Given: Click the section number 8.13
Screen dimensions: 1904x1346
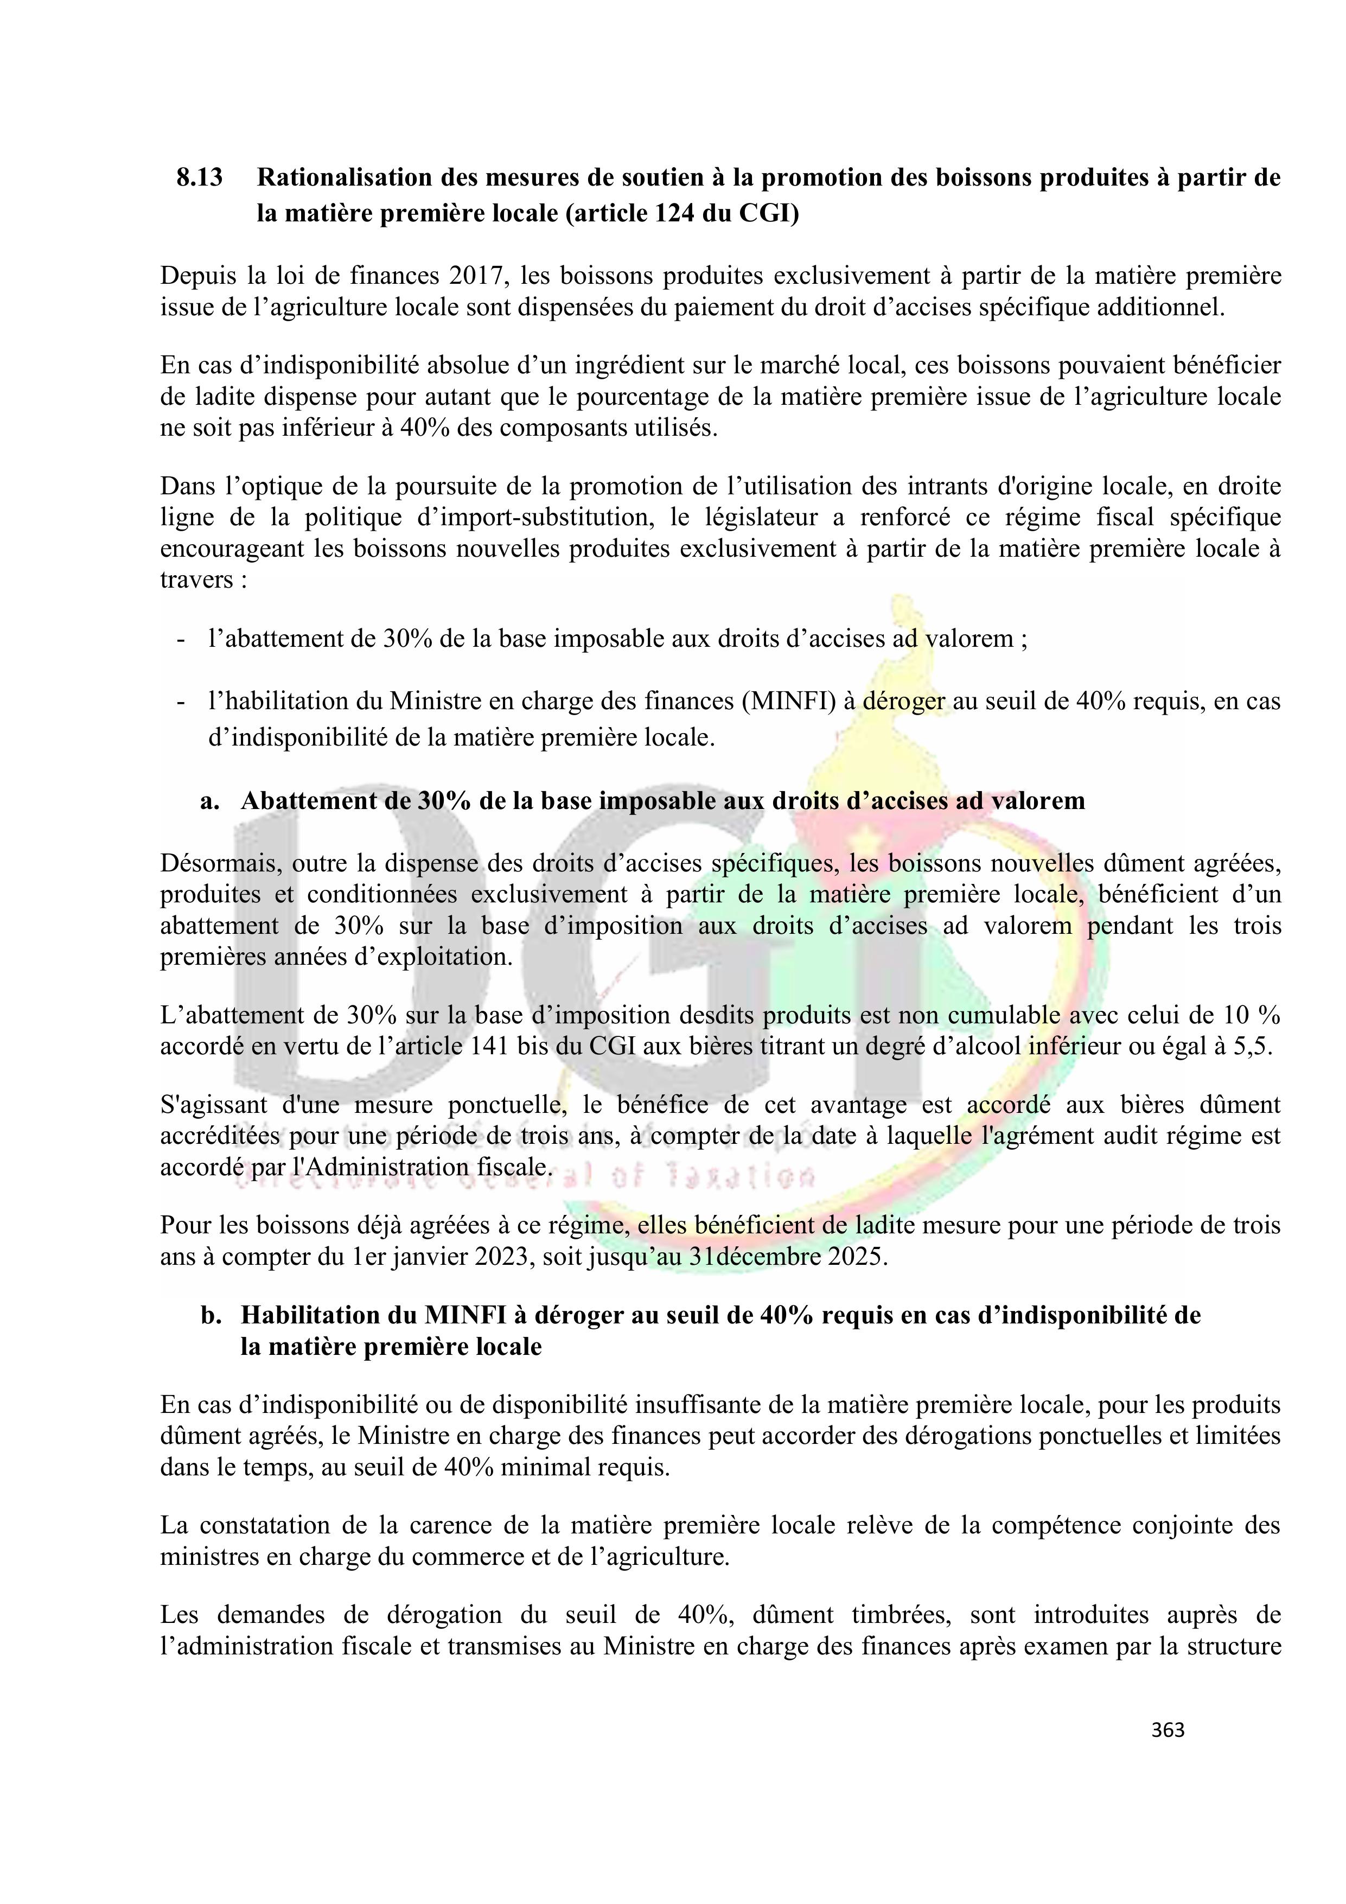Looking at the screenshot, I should pyautogui.click(x=199, y=179).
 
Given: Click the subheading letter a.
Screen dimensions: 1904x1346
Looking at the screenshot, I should pyautogui.click(x=209, y=801).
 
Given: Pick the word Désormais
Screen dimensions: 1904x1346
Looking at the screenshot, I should pyautogui.click(x=215, y=863).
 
